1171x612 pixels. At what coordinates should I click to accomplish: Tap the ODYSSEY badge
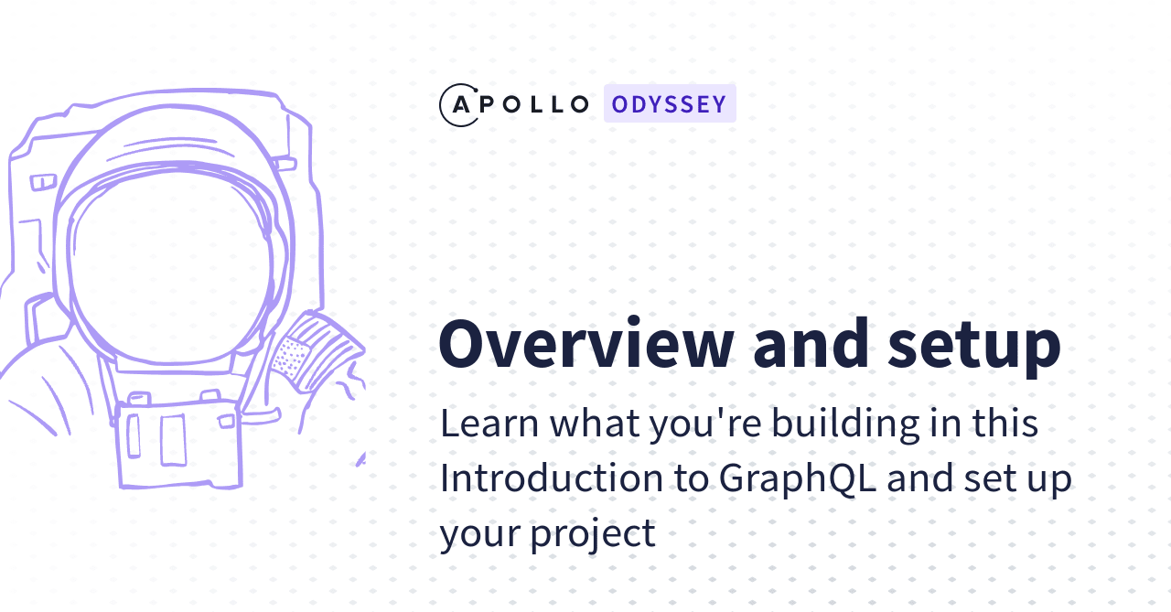click(670, 103)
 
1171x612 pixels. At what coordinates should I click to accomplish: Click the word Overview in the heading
click(585, 343)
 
